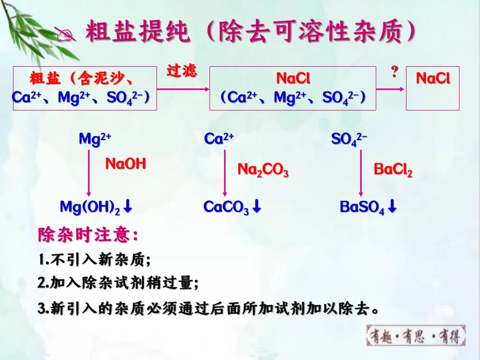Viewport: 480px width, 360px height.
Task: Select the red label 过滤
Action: tap(182, 71)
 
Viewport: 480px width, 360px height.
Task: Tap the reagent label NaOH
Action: tap(125, 164)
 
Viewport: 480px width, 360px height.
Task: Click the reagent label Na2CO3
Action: tap(263, 169)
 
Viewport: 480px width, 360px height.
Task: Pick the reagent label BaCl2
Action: tap(393, 169)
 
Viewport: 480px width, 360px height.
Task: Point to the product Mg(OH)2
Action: tap(90, 207)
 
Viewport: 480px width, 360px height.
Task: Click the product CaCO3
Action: tap(226, 207)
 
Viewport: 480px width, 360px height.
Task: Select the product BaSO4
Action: tap(362, 207)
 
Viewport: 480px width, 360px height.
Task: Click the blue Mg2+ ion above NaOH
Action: tap(95, 139)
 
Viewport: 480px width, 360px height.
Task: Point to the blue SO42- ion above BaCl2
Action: tap(349, 139)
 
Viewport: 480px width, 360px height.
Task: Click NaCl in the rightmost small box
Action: tap(433, 79)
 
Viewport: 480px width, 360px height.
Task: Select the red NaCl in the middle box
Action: tap(293, 79)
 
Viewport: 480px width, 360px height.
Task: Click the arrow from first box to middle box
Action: tap(183, 89)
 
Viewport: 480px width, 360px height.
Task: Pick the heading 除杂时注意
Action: tap(88, 235)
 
